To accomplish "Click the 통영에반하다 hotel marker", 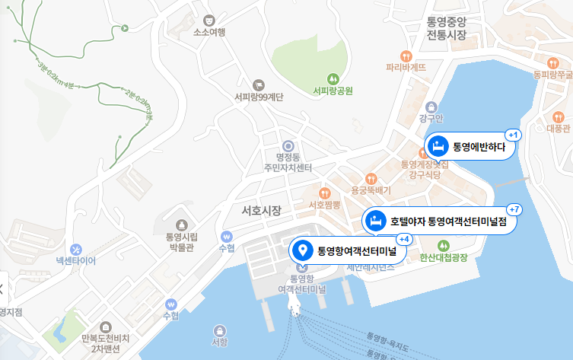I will [470, 145].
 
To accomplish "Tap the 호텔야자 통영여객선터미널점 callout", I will [444, 221].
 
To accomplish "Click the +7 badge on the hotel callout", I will [514, 209].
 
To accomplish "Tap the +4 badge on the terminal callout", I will [404, 239].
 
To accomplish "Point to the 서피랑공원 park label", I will [333, 91].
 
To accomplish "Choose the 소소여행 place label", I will [209, 33].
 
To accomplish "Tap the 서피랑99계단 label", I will [259, 97].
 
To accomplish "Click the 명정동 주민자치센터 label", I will [288, 161].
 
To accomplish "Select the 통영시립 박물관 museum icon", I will [182, 225].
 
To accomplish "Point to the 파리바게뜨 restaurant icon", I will [406, 56].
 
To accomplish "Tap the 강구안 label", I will [431, 119].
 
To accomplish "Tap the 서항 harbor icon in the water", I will [220, 330].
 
